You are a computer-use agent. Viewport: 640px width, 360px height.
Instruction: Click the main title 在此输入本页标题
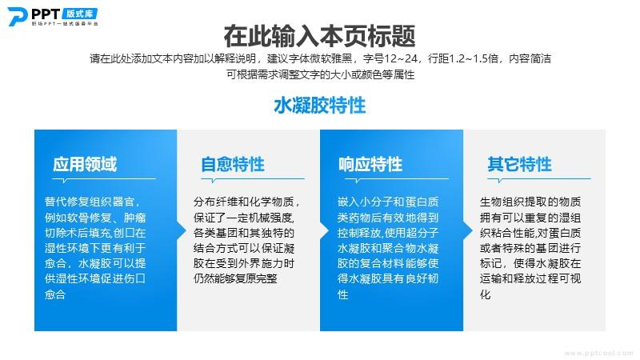point(319,36)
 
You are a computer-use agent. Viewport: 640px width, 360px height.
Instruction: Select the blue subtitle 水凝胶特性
point(319,106)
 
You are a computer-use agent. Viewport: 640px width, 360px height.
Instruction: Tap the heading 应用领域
point(85,164)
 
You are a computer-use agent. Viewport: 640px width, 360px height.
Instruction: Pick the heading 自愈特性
point(233,164)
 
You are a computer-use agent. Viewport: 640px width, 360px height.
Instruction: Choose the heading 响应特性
point(370,164)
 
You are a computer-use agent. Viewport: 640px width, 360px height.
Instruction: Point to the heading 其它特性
point(519,164)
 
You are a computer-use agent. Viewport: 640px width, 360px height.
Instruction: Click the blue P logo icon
point(18,17)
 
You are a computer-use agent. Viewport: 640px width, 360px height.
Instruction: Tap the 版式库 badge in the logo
point(80,14)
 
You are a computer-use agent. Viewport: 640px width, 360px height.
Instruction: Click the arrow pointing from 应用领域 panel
point(182,230)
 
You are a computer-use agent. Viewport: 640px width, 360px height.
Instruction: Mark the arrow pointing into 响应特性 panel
point(325,230)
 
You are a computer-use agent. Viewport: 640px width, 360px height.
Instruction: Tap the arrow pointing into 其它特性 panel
point(468,230)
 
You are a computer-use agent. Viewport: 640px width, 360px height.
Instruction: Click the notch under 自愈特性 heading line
point(214,181)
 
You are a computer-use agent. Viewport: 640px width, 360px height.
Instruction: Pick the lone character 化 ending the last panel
point(486,294)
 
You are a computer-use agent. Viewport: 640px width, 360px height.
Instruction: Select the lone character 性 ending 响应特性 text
point(343,294)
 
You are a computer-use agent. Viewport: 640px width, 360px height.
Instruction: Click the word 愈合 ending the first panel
point(55,294)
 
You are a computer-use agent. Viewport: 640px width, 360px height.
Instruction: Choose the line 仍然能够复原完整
point(235,278)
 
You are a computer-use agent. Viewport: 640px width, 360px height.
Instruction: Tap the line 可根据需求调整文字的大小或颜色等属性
point(321,74)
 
